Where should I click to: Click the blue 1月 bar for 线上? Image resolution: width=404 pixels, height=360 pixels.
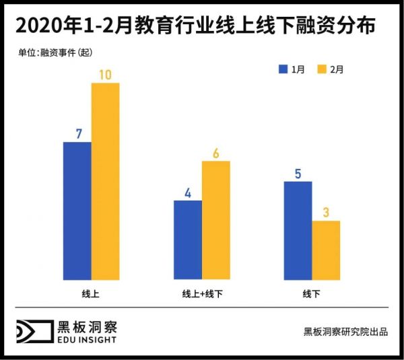[77, 211]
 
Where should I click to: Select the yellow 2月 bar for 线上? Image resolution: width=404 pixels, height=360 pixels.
[105, 181]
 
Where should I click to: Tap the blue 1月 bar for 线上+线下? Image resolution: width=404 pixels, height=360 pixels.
[188, 240]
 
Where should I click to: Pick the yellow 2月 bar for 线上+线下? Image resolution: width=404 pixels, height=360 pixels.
[216, 220]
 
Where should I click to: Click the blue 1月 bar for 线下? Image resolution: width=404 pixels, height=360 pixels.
[298, 230]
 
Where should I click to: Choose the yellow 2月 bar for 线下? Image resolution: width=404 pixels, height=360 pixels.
[326, 250]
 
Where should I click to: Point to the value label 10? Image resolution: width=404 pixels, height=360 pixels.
[105, 73]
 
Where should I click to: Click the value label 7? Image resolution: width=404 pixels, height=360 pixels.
[79, 133]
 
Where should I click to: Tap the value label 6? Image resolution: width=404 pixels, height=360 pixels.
[216, 152]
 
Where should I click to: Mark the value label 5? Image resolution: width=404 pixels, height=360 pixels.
[298, 172]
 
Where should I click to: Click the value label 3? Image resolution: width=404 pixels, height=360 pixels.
[326, 212]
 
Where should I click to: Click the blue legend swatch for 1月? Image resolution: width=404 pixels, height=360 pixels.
[283, 69]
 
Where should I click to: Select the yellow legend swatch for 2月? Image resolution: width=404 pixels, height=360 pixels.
[322, 69]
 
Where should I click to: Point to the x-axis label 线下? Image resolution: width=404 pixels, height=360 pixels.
[311, 294]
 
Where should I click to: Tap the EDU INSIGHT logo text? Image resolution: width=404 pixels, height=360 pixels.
[86, 339]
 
